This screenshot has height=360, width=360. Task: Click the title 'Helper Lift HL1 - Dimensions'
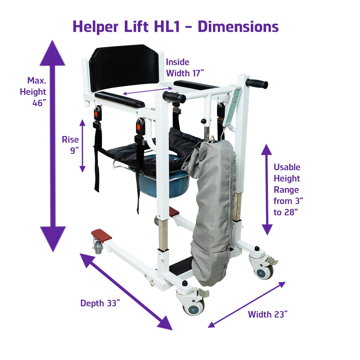coord(176,27)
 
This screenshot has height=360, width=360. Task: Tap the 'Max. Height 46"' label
coord(34,92)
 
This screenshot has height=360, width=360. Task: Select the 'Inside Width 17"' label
coord(185,68)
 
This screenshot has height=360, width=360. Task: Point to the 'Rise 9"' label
coord(71,145)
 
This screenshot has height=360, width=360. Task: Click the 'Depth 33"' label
coord(100,303)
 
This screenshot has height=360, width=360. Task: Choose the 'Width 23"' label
coord(267,314)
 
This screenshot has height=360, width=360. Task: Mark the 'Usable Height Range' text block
coord(288,190)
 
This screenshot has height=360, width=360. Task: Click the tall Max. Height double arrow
coord(52,145)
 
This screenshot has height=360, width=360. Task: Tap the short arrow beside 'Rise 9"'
coord(82,146)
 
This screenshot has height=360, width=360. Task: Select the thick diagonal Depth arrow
coord(126,291)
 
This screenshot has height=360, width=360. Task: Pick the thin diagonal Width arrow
coord(246,305)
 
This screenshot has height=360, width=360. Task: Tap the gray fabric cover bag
coord(211,208)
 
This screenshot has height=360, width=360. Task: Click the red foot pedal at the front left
coord(101,235)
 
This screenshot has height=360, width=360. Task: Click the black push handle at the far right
coord(257,84)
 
